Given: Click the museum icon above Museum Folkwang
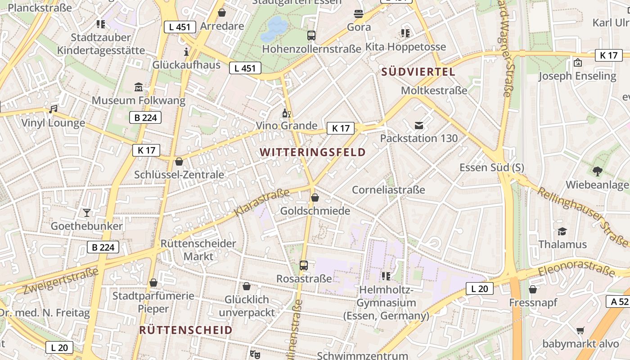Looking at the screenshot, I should (139, 86).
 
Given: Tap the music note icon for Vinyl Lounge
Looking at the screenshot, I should (53, 109).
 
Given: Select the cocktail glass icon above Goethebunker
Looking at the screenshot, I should (86, 212).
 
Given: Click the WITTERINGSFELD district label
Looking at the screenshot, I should (313, 152).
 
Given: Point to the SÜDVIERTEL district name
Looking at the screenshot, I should (418, 72).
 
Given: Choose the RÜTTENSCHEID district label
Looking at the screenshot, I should (186, 330).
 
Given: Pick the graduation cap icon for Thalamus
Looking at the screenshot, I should (562, 231).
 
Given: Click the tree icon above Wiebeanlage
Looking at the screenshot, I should (597, 171).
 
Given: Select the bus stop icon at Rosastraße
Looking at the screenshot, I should (304, 265).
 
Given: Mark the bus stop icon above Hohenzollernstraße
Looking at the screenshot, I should (311, 35).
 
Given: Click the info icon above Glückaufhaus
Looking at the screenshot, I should (186, 51).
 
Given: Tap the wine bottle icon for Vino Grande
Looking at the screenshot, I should (286, 112).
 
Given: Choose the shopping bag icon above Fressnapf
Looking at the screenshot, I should (533, 289).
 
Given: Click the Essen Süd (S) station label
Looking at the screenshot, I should (491, 167).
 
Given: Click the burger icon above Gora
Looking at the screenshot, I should (359, 13).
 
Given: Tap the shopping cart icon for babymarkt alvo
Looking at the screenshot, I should (580, 331).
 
